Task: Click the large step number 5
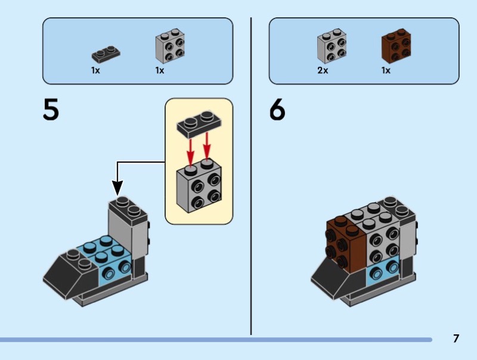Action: [x=51, y=110]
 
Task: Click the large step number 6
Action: [x=277, y=110]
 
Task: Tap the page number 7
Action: [x=456, y=339]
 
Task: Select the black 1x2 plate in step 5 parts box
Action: [x=106, y=54]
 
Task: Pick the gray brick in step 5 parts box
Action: [x=170, y=46]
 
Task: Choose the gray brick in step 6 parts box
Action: [x=332, y=46]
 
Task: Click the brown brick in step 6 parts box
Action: [x=396, y=46]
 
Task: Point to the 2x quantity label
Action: [x=323, y=70]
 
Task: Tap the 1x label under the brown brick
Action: [x=386, y=70]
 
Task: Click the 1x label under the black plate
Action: [x=95, y=70]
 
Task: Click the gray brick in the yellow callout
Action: [x=199, y=185]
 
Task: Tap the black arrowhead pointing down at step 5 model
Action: [x=117, y=188]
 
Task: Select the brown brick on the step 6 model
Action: [x=346, y=243]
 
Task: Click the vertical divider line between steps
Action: [x=251, y=176]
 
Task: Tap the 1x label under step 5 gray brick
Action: [x=160, y=70]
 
